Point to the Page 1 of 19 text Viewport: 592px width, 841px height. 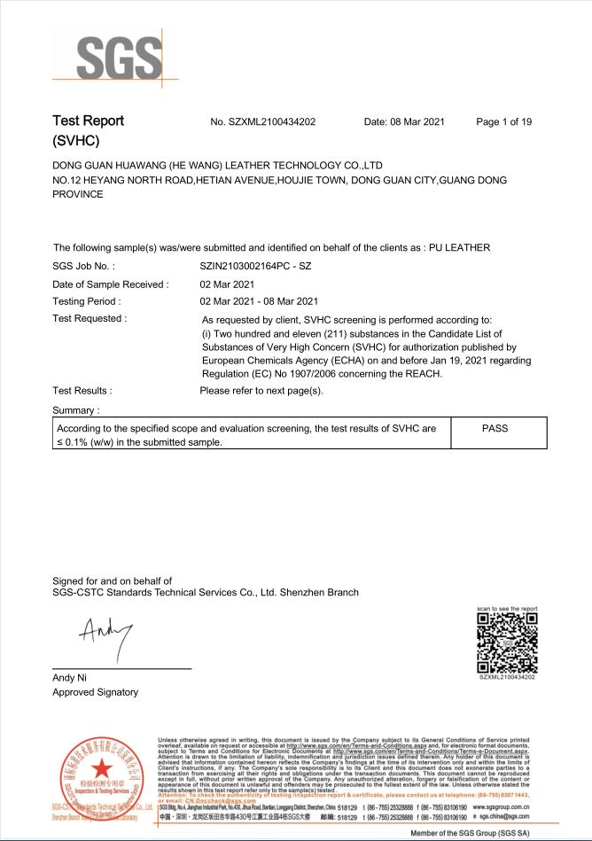503,121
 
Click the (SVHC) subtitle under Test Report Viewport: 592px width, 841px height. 76,141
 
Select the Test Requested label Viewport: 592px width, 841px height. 90,318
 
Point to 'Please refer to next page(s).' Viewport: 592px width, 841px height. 261,390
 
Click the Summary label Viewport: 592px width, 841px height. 75,410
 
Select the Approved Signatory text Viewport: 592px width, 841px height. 96,692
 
